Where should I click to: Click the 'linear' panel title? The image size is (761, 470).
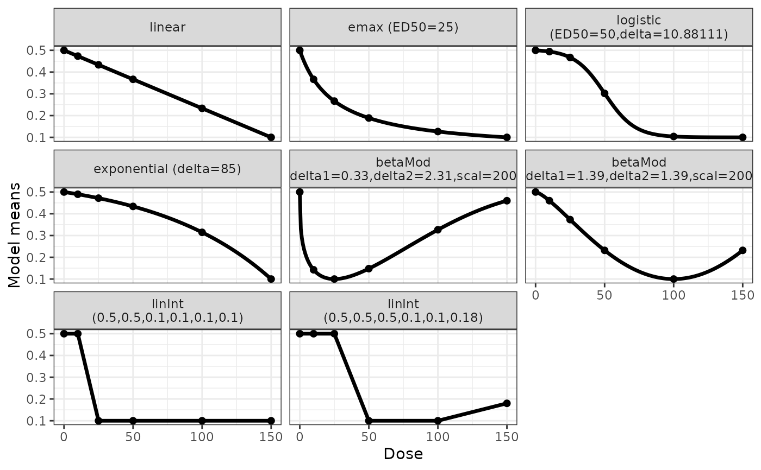(167, 27)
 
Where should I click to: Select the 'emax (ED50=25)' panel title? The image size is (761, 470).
(403, 27)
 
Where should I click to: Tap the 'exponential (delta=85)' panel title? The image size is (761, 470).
(167, 168)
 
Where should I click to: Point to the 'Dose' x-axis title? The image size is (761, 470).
(403, 454)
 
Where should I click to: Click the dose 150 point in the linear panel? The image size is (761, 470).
(271, 137)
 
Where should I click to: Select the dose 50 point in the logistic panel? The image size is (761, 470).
(604, 93)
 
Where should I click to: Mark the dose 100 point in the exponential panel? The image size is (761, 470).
(202, 232)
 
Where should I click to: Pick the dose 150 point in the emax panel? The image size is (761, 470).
(507, 137)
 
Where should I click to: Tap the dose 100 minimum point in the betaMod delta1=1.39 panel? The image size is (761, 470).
(673, 279)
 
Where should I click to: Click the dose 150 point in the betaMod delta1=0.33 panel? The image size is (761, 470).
(507, 201)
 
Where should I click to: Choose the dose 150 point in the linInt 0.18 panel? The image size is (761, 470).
(507, 403)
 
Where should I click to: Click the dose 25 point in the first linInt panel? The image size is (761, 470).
(98, 421)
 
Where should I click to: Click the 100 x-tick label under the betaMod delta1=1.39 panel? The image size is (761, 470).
(673, 295)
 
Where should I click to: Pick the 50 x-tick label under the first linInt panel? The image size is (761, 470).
(133, 437)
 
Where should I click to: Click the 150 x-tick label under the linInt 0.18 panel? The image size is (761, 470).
(507, 437)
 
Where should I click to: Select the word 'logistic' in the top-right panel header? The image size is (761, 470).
(639, 21)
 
